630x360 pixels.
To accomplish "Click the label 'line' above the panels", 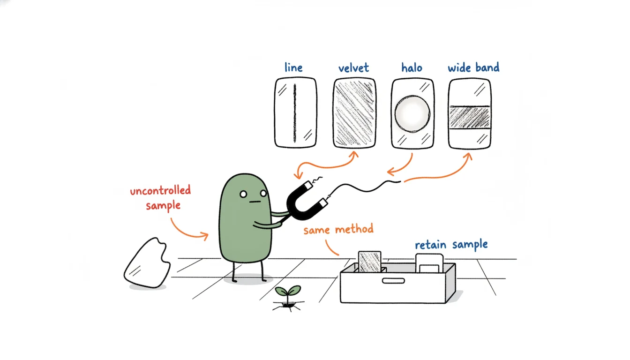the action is [x=293, y=67].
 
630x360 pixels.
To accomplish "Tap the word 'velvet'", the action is [x=353, y=68].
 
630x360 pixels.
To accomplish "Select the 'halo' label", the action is [x=412, y=68].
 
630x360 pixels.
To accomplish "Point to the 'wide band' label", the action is [x=473, y=67].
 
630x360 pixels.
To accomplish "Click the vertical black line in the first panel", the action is [x=295, y=113].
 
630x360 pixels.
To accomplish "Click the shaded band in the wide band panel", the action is [x=470, y=117].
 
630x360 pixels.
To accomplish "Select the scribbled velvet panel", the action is [x=354, y=113].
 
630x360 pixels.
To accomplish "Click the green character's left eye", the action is [x=243, y=194].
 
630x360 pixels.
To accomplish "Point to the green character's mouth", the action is [x=255, y=202].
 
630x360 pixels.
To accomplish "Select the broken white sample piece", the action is [x=147, y=263].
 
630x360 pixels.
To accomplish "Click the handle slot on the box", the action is [x=393, y=281].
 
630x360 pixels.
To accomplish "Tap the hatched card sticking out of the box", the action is [x=369, y=262].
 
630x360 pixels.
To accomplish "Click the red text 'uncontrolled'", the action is [x=160, y=190].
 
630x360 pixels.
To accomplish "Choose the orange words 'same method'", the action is [x=338, y=229].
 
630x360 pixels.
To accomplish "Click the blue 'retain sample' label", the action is [x=451, y=244].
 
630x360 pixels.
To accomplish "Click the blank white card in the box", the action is [x=429, y=263].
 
